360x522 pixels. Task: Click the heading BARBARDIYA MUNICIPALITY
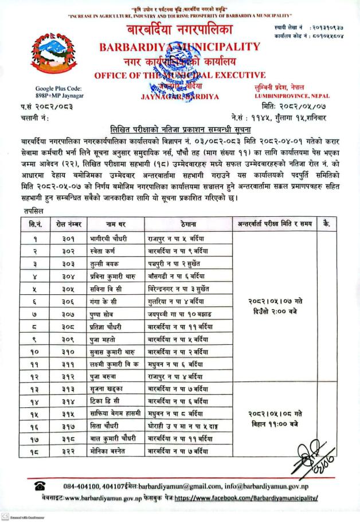tap(179, 46)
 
